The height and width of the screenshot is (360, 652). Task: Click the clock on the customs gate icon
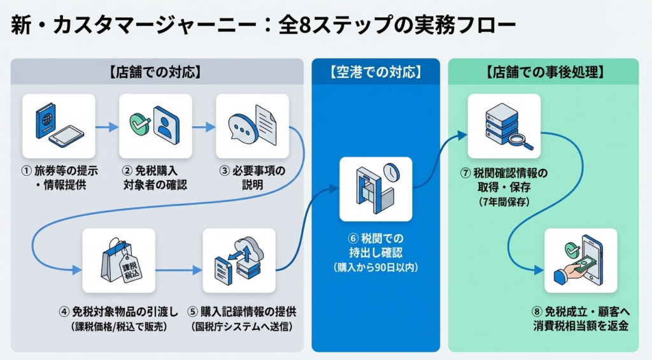tap(390, 172)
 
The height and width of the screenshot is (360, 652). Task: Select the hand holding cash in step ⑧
tap(571, 271)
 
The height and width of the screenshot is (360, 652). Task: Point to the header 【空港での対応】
tap(376, 72)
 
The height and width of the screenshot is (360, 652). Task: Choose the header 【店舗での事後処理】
tap(544, 72)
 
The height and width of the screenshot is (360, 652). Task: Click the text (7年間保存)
tap(504, 202)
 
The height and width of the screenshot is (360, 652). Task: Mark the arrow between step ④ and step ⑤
tap(178, 270)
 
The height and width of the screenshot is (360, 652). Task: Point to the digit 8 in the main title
tap(287, 27)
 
